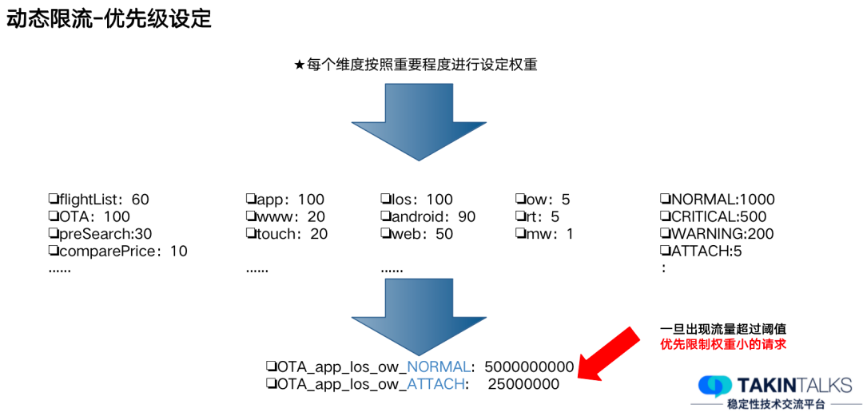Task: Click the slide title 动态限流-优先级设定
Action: pyautogui.click(x=109, y=19)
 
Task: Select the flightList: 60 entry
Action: pyautogui.click(x=98, y=200)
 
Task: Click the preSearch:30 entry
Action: pyautogui.click(x=100, y=234)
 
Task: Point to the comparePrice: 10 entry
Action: pyautogui.click(x=117, y=252)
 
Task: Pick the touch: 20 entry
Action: pyautogui.click(x=287, y=234)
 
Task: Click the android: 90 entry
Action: pyautogui.click(x=428, y=217)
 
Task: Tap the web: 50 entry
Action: pyautogui.click(x=416, y=234)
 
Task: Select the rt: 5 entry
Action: pyautogui.click(x=537, y=217)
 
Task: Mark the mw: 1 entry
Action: pyautogui.click(x=543, y=234)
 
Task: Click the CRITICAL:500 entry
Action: pyautogui.click(x=713, y=217)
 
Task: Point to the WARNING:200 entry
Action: pyautogui.click(x=713, y=234)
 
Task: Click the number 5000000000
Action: pyautogui.click(x=529, y=367)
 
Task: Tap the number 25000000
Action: pyautogui.click(x=523, y=385)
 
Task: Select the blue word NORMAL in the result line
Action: pyautogui.click(x=439, y=367)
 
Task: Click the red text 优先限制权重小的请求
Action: pyautogui.click(x=724, y=344)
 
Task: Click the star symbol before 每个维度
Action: pyautogui.click(x=300, y=65)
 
